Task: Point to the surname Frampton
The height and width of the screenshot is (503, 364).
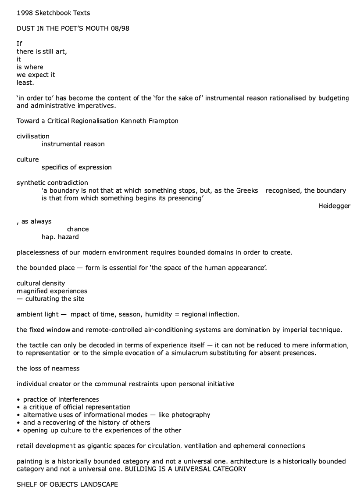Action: tap(164, 121)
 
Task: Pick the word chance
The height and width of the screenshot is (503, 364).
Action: tap(78, 229)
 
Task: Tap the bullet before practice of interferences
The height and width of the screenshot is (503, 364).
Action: tap(18, 399)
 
